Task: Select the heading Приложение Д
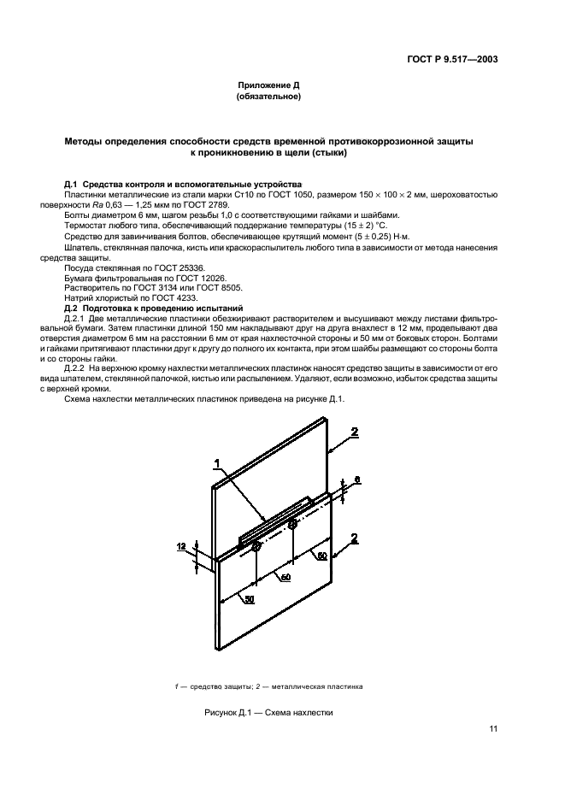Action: pos(268,86)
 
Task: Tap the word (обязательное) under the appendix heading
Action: pos(268,97)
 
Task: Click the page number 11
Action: pos(493,728)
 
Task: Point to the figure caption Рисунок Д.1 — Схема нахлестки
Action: pos(268,712)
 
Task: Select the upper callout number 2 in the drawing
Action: pos(354,432)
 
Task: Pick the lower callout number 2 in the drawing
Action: pos(354,538)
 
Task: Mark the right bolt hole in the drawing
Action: pos(292,523)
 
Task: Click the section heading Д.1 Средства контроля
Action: pos(183,185)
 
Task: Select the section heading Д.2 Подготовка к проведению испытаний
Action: pos(155,307)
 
